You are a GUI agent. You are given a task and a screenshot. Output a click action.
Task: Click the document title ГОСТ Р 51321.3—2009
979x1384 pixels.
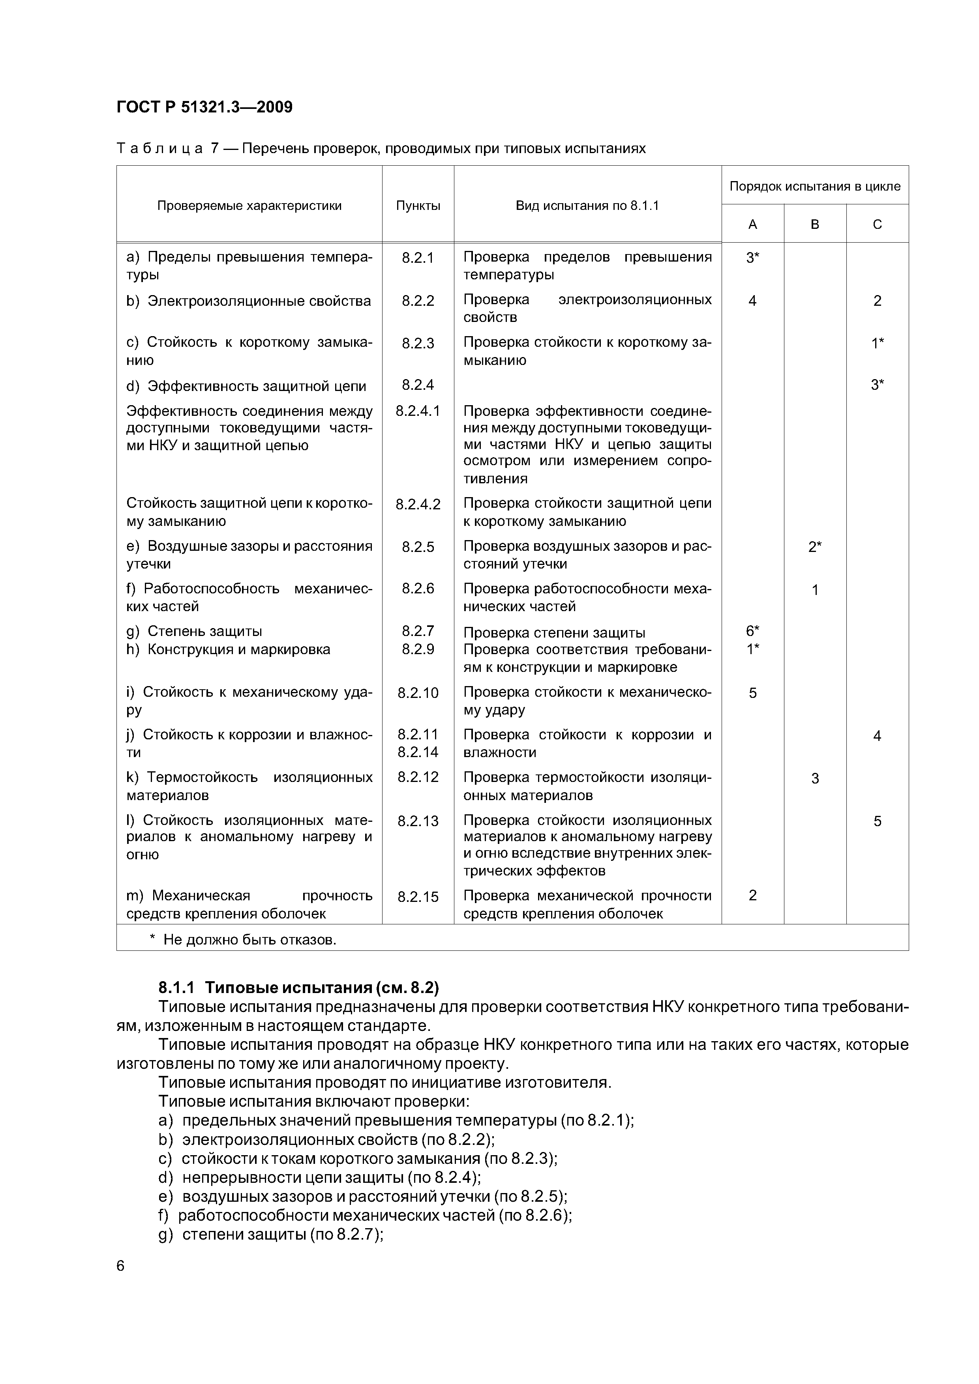point(204,107)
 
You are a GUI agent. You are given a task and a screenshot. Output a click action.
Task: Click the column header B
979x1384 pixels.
point(815,225)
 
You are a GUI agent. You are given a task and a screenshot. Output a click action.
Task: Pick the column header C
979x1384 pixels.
point(877,225)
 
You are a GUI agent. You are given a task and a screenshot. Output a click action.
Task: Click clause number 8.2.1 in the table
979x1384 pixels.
point(418,258)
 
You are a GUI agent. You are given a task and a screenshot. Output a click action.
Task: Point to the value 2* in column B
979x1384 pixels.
point(815,547)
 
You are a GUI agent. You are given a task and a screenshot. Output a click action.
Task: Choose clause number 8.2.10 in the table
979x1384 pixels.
point(418,693)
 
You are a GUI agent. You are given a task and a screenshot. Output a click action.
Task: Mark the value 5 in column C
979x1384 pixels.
point(877,821)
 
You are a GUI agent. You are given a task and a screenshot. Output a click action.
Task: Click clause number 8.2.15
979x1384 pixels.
point(418,897)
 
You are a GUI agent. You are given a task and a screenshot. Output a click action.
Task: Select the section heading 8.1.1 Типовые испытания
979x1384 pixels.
point(298,988)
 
